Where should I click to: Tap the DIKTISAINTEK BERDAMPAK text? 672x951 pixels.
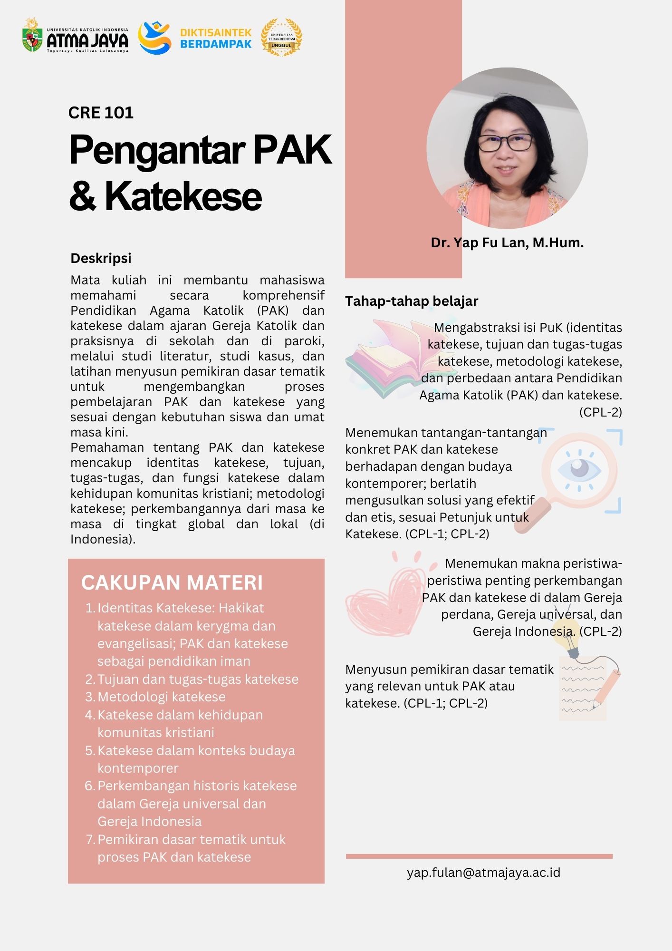(216, 39)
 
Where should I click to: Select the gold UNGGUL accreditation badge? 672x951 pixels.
(281, 38)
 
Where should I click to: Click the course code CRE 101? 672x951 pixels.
(101, 113)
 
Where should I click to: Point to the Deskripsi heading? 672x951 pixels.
(101, 258)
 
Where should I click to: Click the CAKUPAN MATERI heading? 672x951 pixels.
(172, 582)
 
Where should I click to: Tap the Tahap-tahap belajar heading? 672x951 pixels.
(412, 301)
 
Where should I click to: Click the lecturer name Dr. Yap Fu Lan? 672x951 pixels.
(507, 243)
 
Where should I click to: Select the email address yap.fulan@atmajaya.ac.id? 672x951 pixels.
(483, 873)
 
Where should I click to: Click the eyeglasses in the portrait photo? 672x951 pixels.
(505, 142)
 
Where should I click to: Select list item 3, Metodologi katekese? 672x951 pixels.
(162, 697)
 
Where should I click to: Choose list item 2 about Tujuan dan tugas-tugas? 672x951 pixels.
(198, 679)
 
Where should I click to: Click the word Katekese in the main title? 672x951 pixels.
(183, 197)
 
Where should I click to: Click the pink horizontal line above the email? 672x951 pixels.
(479, 856)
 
